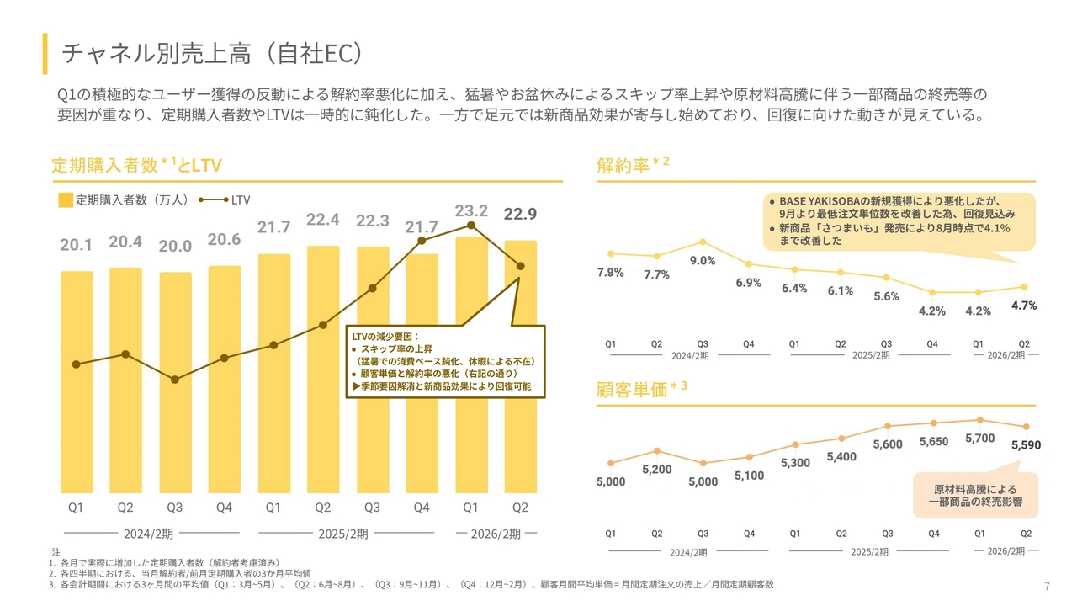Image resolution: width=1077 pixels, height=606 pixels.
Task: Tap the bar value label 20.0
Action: tap(175, 247)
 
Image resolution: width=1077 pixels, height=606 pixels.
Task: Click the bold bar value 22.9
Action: tap(520, 215)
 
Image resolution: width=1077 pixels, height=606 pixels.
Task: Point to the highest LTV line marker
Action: tap(471, 225)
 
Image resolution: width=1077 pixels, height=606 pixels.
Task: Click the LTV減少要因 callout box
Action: tap(446, 361)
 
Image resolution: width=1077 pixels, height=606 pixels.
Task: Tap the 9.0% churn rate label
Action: tap(703, 261)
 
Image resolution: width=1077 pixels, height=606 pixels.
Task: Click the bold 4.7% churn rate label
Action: tap(1024, 306)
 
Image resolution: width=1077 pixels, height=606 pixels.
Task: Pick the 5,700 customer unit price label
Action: tap(979, 439)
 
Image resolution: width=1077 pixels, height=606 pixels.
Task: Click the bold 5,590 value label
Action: tap(1026, 445)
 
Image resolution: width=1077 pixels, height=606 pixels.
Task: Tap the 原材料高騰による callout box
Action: tap(975, 496)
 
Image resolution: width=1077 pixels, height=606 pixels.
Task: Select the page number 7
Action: tap(1047, 587)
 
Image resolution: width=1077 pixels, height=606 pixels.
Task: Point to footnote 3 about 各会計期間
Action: tap(412, 584)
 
